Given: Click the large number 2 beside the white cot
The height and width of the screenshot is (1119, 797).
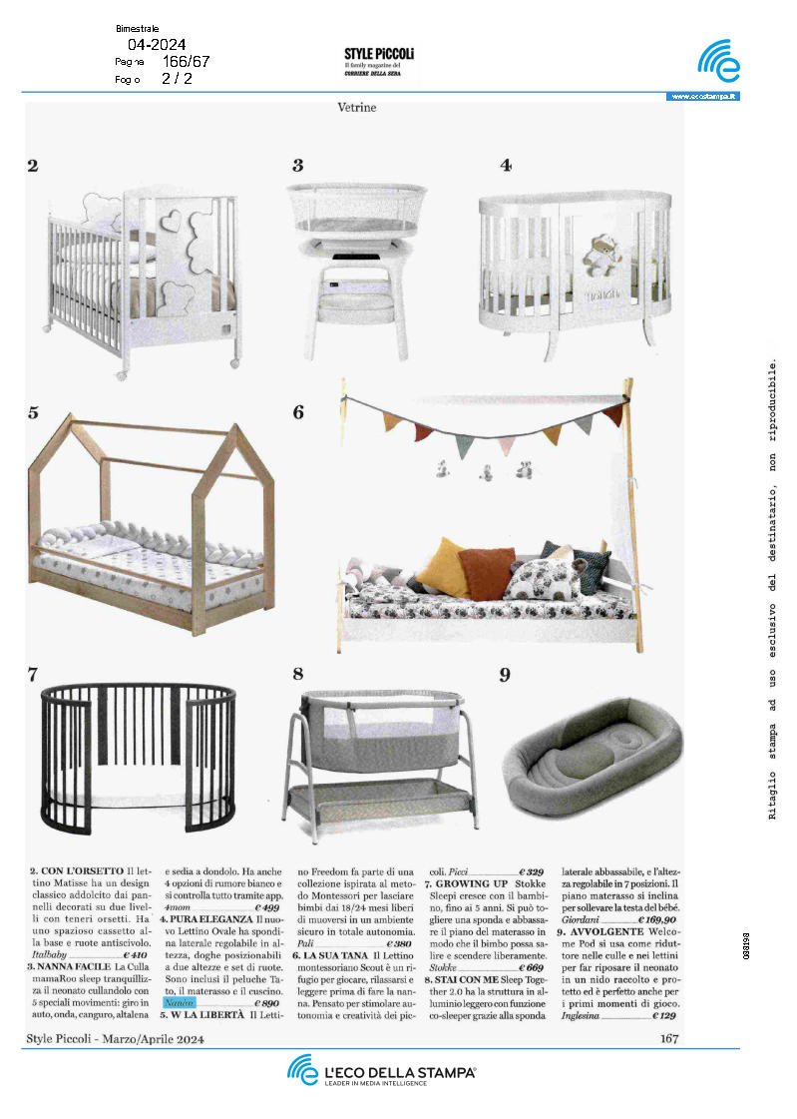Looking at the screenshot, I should [33, 166].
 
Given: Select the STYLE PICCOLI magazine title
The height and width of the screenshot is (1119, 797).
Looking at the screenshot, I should [379, 53].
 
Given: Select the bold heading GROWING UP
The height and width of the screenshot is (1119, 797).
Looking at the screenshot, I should [472, 884].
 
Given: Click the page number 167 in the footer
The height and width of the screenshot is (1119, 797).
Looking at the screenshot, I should [669, 1039].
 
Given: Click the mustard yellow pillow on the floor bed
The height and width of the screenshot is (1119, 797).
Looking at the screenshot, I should [444, 566].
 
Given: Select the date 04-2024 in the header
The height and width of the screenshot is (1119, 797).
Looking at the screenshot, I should [157, 44].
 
